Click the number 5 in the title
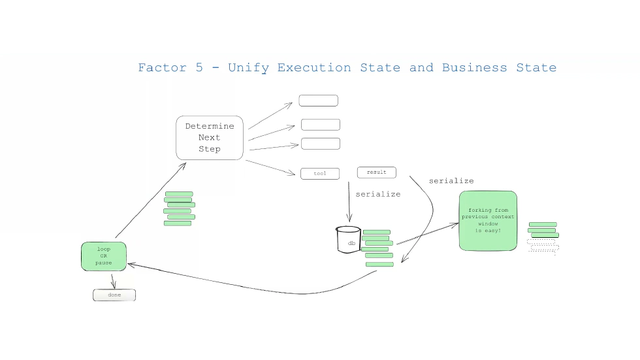(x=199, y=68)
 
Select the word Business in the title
(x=474, y=68)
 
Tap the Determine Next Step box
(x=210, y=138)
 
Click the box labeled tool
(x=320, y=174)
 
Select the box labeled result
(x=376, y=172)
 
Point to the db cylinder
(x=348, y=240)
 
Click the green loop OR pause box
(x=104, y=256)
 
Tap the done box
(x=114, y=295)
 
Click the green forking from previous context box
(x=488, y=221)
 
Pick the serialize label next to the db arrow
(x=378, y=195)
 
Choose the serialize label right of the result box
(x=451, y=181)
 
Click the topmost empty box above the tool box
(x=318, y=101)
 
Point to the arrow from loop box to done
(x=114, y=280)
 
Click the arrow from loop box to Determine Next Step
(x=150, y=200)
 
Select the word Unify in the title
(x=248, y=68)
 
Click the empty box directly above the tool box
(x=320, y=144)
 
